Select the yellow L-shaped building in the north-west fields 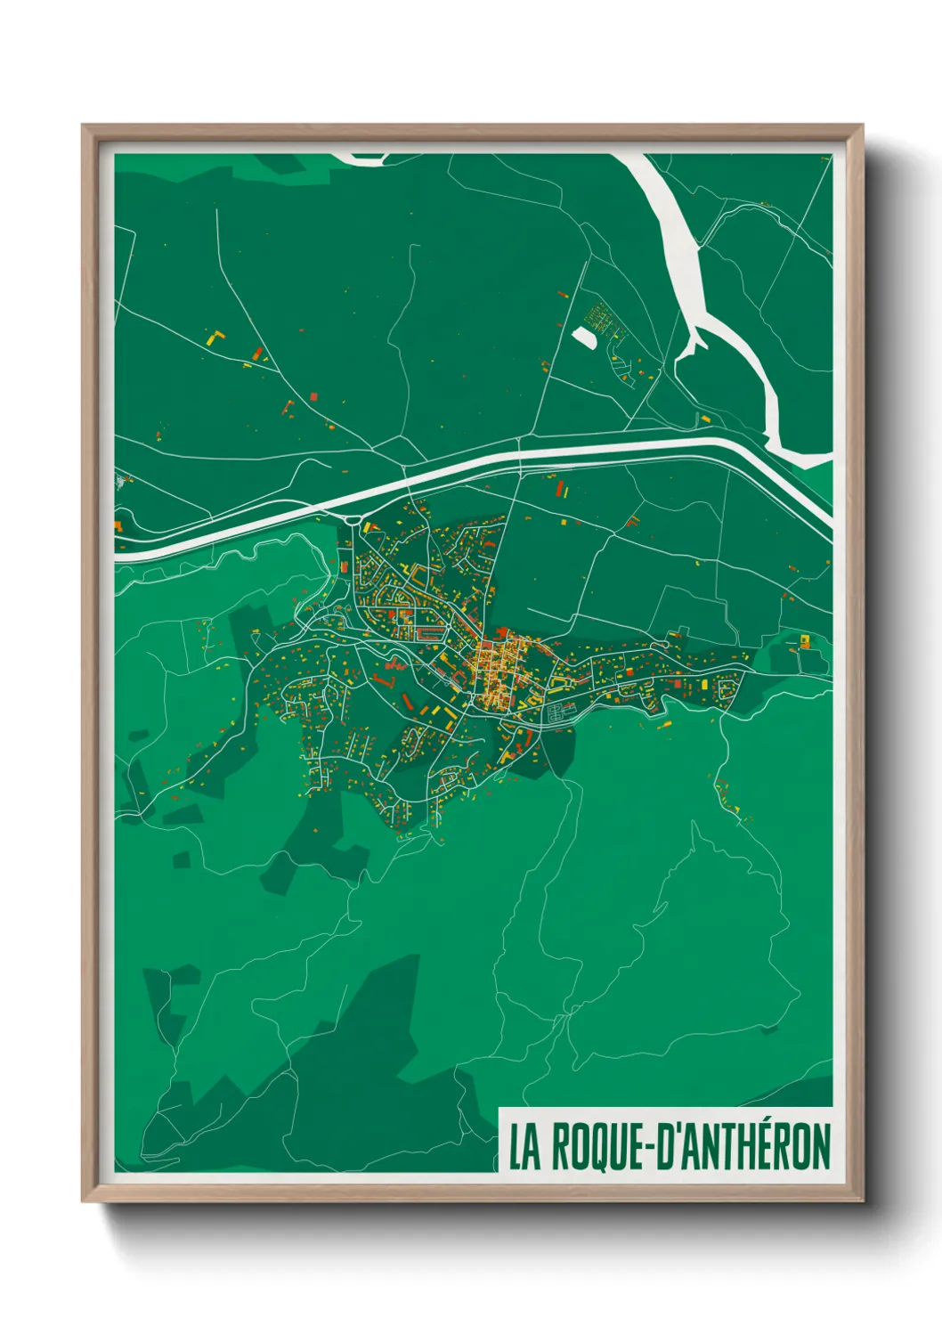click(x=215, y=338)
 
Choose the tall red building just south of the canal click(x=561, y=489)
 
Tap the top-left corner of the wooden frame click(x=85, y=127)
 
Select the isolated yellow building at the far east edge click(x=805, y=639)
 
